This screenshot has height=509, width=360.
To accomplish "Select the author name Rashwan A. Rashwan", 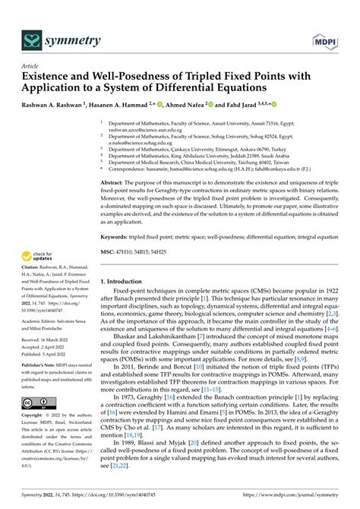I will pos(55,104).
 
